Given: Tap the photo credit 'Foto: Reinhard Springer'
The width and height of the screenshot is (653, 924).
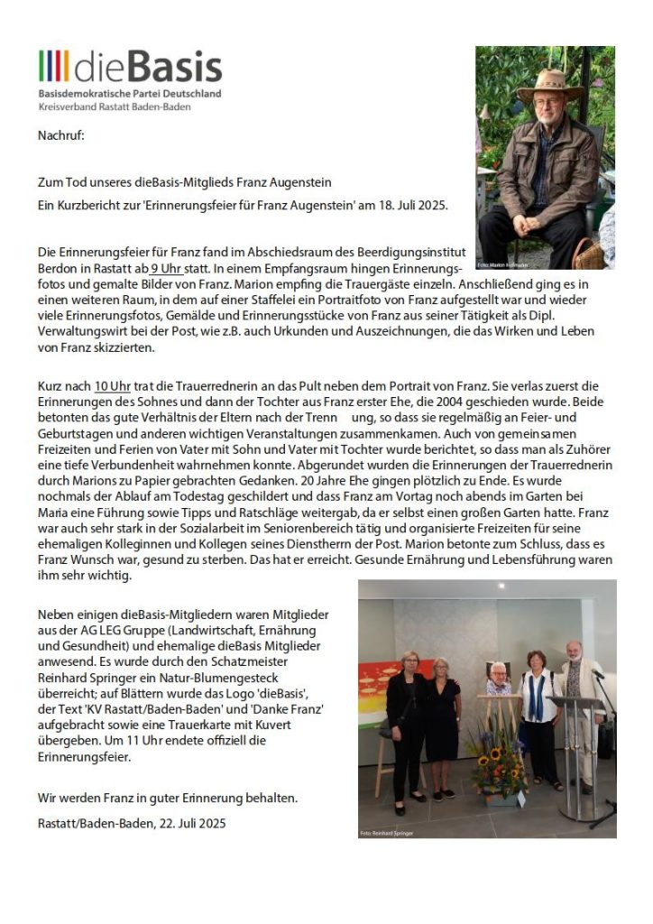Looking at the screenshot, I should pos(386,833).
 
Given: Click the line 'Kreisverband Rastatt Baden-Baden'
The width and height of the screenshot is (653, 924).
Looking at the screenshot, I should pos(115,106).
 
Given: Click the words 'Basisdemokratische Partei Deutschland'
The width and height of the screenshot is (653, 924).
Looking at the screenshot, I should pos(129,94).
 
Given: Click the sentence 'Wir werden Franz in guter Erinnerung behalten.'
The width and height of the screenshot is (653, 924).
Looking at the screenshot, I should pos(168,798).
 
